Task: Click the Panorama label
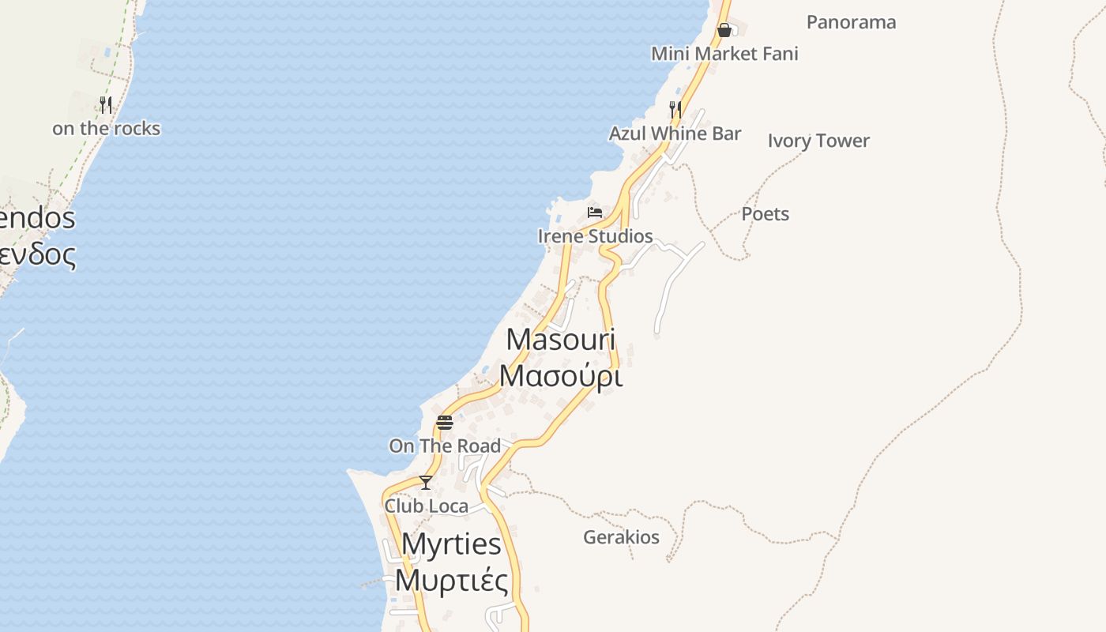[851, 22]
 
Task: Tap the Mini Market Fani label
[724, 54]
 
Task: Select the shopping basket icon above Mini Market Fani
[724, 30]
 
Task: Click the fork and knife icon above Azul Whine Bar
[675, 108]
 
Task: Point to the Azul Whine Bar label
[675, 134]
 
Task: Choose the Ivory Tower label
[818, 141]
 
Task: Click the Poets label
[765, 214]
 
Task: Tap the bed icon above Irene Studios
[595, 212]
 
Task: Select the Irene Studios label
[595, 236]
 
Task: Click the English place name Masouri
[561, 340]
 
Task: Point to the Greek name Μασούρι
[561, 376]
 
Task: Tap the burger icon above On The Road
[445, 422]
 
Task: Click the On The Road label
[445, 446]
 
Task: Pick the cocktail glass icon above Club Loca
[426, 482]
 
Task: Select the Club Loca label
[426, 506]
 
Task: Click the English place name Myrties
[451, 544]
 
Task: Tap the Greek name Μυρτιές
[451, 581]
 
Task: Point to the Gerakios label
[621, 538]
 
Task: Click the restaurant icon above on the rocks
[106, 104]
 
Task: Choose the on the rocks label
[106, 129]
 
